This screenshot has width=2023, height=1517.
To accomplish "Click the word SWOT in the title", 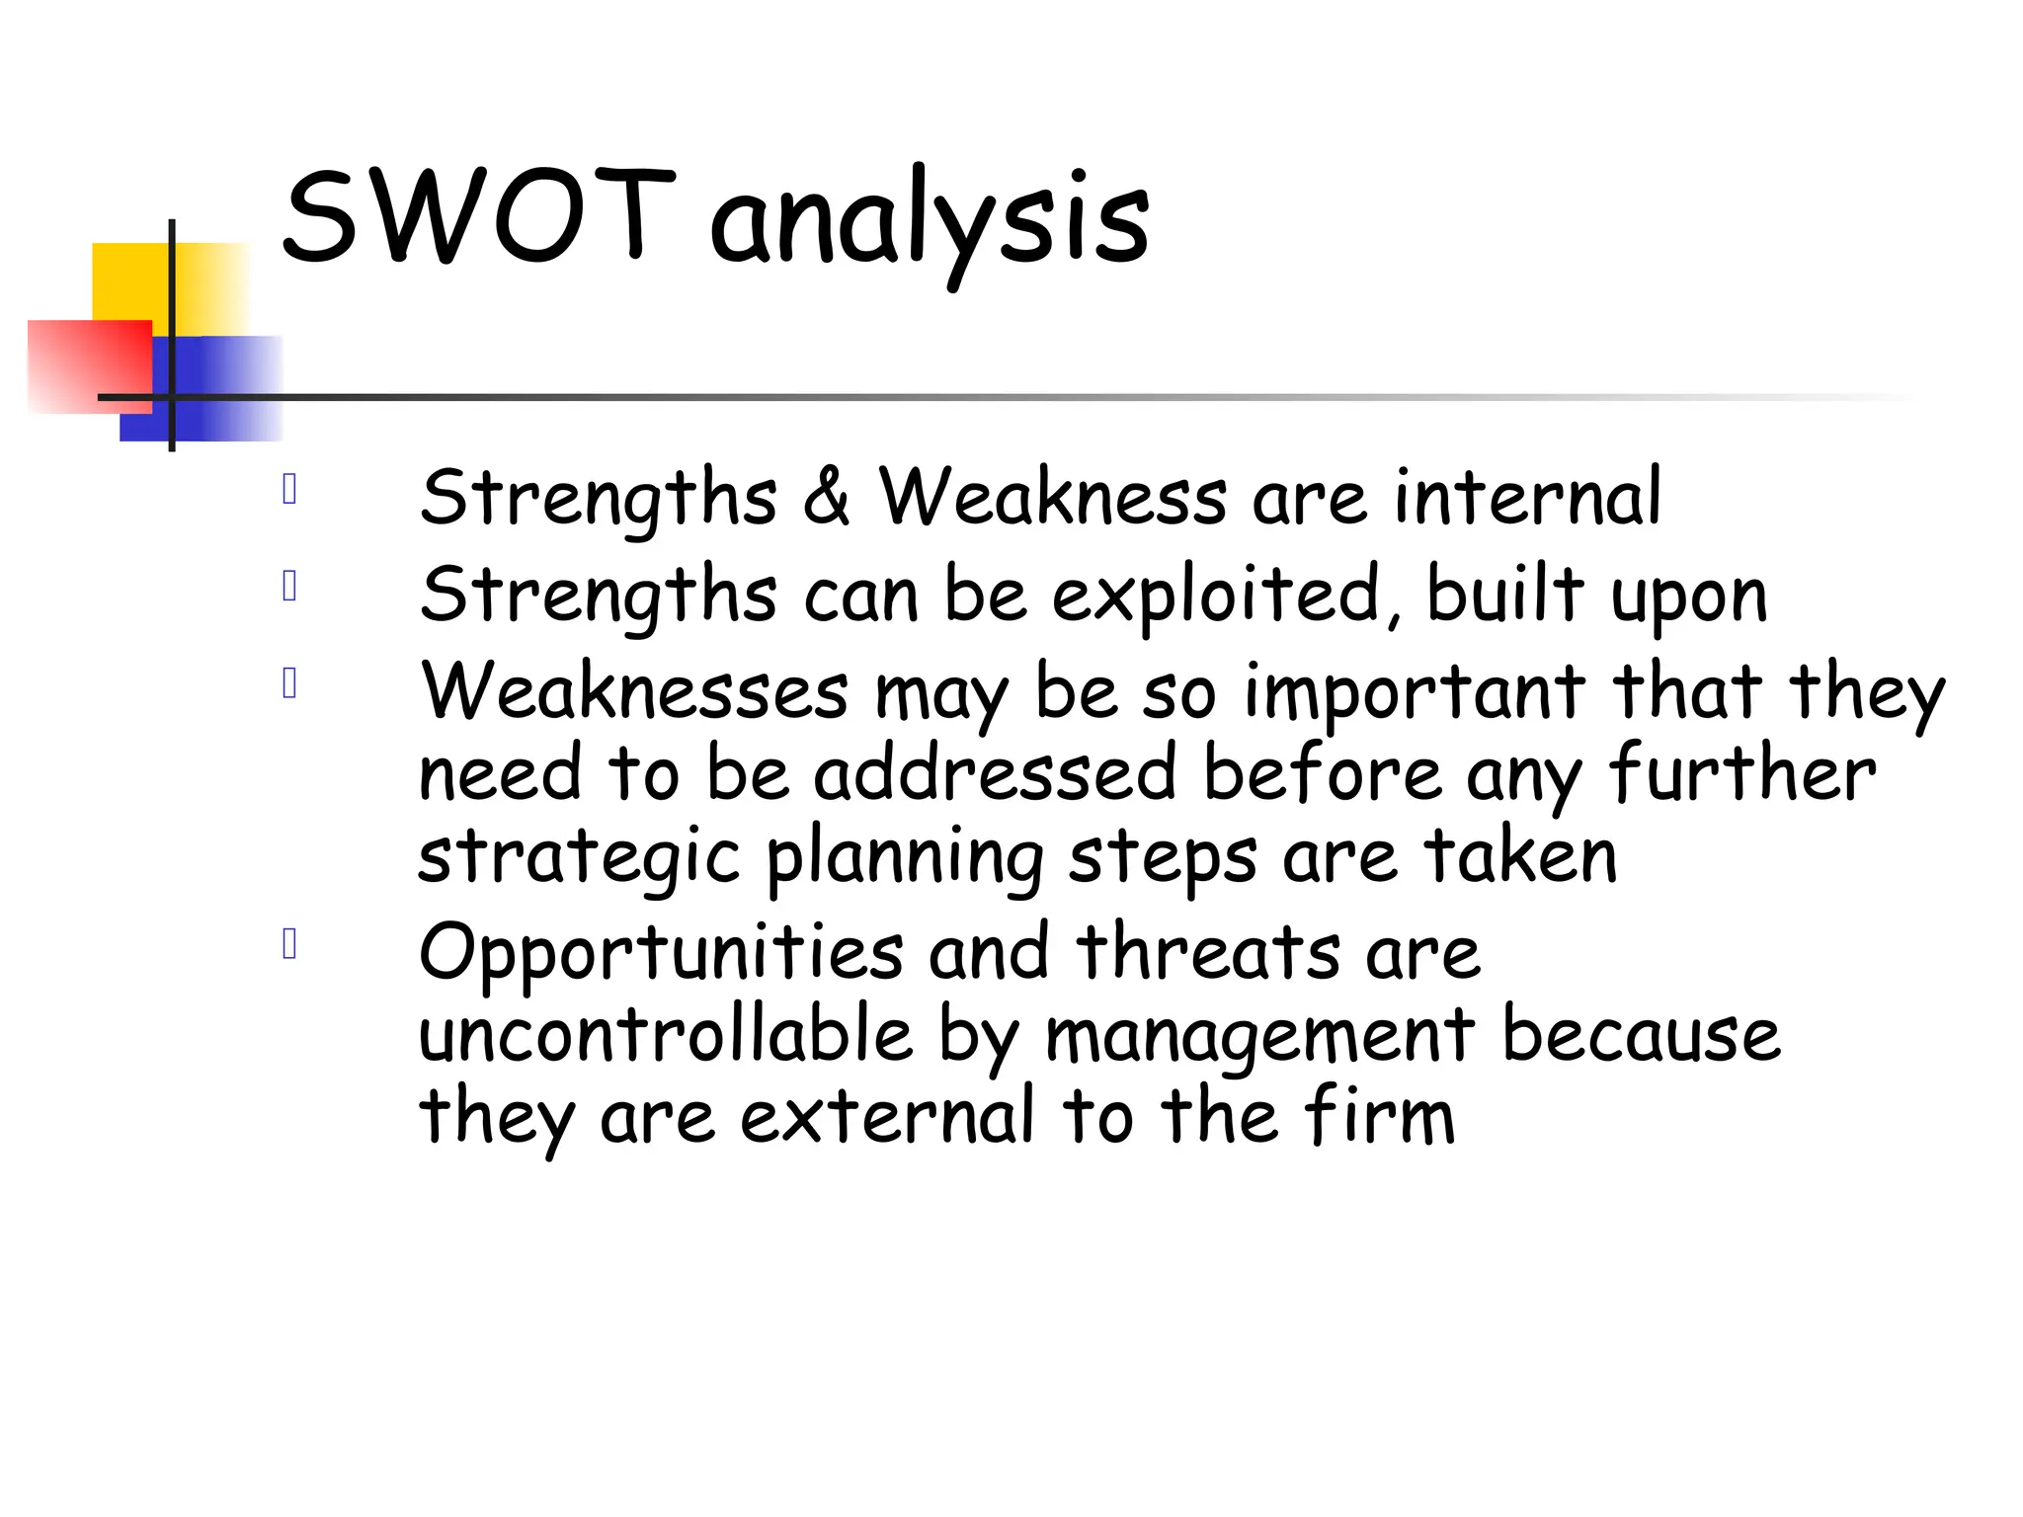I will click(x=478, y=217).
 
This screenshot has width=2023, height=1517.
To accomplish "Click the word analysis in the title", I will click(x=929, y=222).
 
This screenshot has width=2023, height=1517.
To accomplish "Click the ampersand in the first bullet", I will click(x=826, y=496).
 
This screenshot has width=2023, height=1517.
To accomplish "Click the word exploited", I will click(x=1215, y=595).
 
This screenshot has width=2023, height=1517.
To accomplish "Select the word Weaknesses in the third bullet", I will click(x=634, y=691).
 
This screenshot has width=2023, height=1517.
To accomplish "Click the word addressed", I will click(x=995, y=773).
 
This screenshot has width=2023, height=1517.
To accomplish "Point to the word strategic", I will click(x=579, y=857).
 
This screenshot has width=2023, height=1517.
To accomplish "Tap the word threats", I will click(x=1208, y=952).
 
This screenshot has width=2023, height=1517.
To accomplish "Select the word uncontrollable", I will click(x=666, y=1034).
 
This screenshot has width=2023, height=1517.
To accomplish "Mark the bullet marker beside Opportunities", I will click(x=289, y=944).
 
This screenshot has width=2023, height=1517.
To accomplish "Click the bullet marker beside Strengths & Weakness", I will click(x=289, y=489).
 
